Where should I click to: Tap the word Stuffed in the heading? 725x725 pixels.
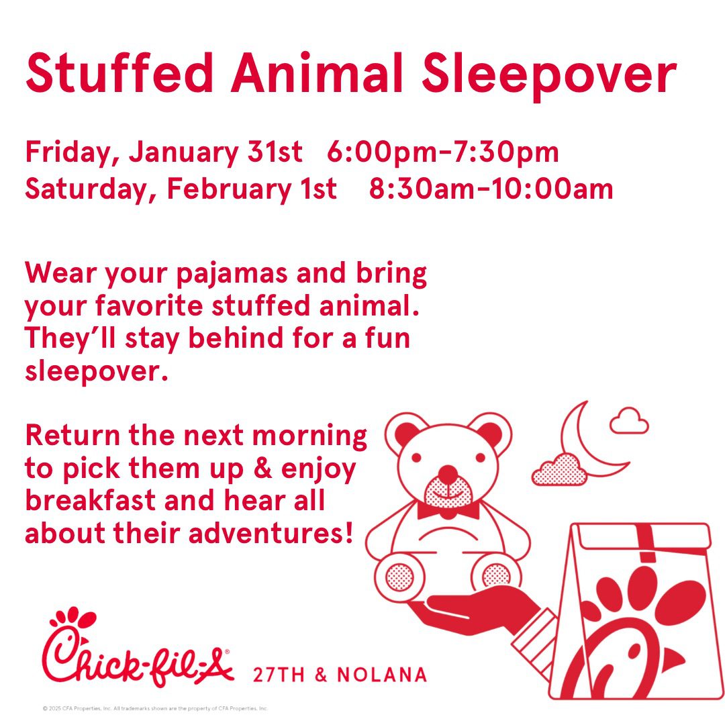[119, 72]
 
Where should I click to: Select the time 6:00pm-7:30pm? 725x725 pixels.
[443, 152]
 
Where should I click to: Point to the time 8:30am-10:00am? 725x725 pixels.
[491, 189]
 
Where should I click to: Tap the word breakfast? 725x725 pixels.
[90, 501]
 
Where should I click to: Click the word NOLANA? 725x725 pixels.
[382, 675]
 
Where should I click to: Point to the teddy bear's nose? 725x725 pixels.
[447, 473]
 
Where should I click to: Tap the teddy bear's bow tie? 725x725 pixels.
[448, 511]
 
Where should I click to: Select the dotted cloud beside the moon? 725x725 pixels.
[559, 470]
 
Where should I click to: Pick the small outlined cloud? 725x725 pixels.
[629, 420]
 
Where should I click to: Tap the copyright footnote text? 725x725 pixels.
[155, 708]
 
